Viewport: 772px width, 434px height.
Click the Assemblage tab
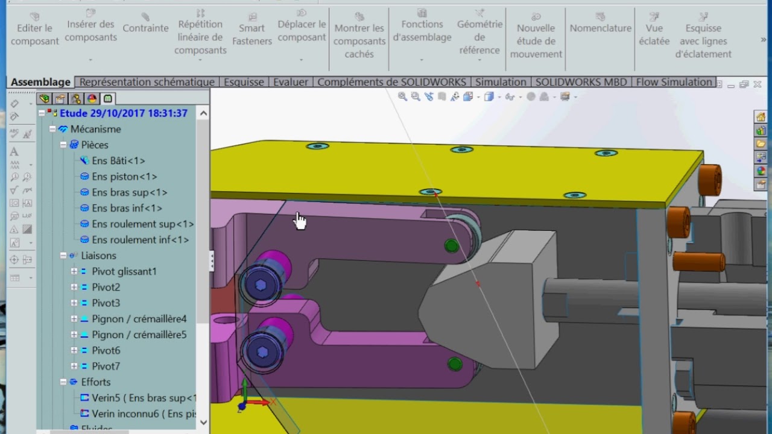tap(40, 82)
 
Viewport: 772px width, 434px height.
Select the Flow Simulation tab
tap(674, 82)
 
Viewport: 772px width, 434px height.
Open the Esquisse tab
tap(244, 82)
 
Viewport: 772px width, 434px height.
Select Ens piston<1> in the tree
tap(124, 177)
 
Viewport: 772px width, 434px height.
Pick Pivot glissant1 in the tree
tap(124, 271)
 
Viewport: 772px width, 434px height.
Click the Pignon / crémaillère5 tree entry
tap(139, 335)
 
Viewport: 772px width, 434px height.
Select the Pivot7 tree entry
tap(106, 366)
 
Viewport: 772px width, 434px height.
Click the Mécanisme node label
tap(95, 129)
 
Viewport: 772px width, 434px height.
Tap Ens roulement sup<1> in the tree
tap(142, 224)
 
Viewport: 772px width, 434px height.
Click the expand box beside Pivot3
tap(74, 303)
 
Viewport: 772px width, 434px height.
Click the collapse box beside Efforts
tap(63, 382)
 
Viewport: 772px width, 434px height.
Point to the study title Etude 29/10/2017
tap(123, 113)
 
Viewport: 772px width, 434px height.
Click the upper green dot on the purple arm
tap(451, 245)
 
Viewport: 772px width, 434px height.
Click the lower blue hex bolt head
tap(262, 351)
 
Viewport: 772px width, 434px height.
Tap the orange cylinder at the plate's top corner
tap(710, 180)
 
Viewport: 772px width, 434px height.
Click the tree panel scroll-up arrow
tap(203, 113)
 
